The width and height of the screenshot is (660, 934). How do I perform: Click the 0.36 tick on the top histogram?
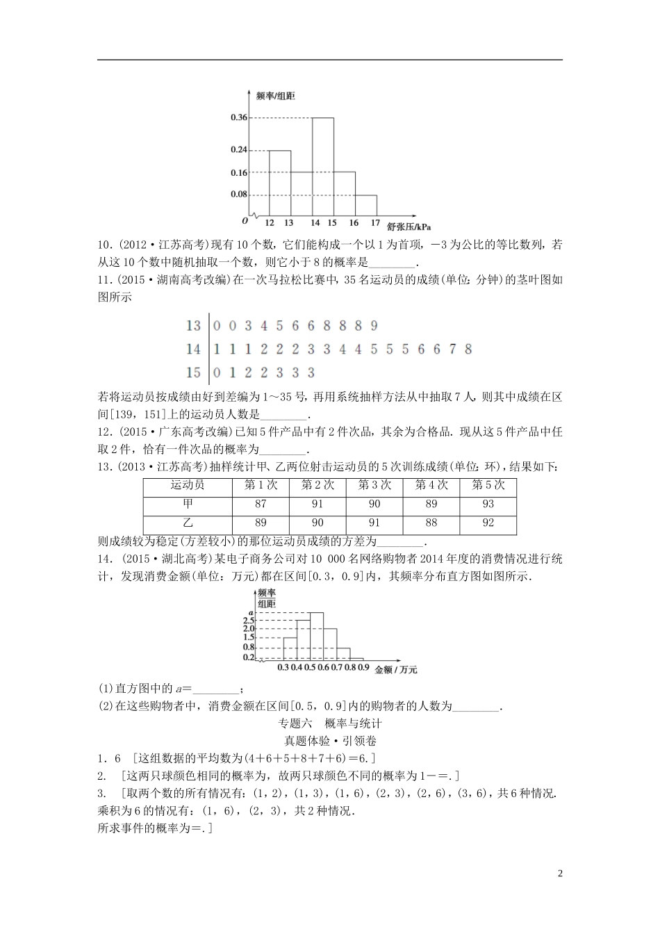tap(238, 117)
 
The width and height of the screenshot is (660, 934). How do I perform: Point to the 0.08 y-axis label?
tap(238, 194)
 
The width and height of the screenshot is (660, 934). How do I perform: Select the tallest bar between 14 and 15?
tap(322, 167)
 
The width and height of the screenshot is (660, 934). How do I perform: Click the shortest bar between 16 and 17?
tap(365, 205)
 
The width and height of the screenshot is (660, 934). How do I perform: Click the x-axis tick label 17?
tap(375, 223)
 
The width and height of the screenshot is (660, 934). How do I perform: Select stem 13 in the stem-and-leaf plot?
tap(193, 325)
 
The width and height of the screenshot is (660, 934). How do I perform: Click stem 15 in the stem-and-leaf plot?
tap(193, 372)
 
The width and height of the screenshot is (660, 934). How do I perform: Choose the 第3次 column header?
tap(374, 485)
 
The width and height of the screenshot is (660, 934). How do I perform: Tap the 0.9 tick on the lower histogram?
tap(363, 668)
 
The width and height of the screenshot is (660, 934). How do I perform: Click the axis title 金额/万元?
tap(396, 670)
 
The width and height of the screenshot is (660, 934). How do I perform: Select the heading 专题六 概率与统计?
tap(330, 723)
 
